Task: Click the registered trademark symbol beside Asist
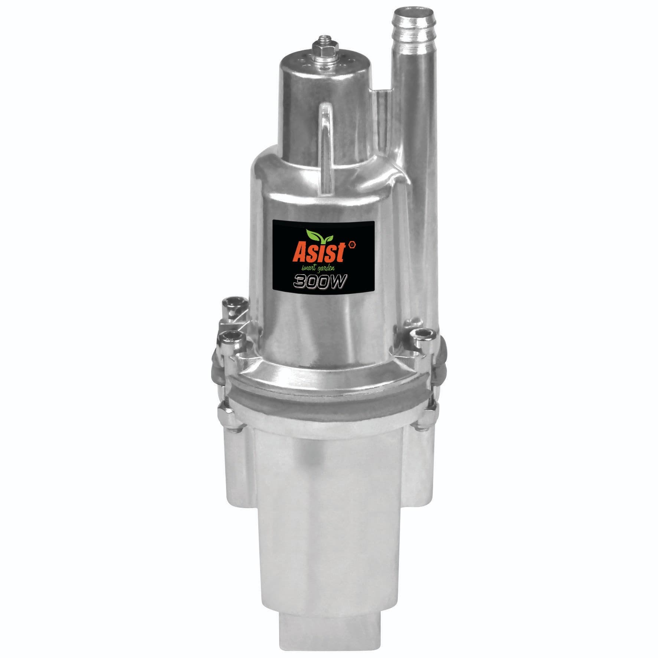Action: (352, 245)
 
